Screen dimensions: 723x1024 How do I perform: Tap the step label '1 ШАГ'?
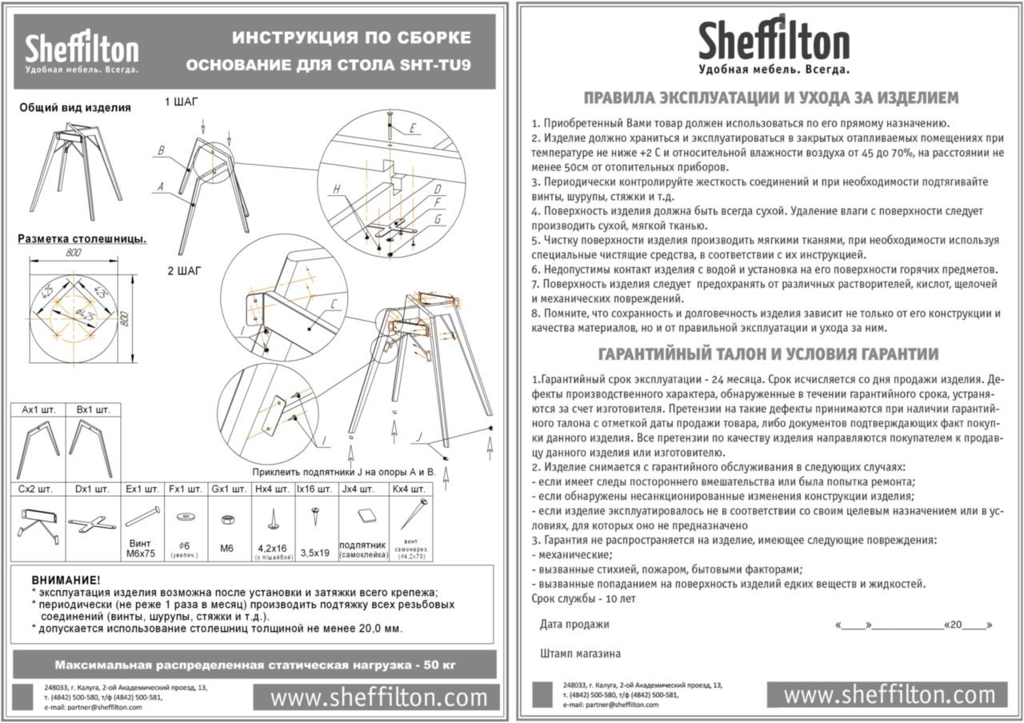click(181, 102)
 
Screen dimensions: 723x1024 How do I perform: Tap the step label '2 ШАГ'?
click(184, 271)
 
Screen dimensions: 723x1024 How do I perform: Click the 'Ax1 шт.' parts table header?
click(38, 409)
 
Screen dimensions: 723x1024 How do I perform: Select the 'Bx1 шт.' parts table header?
click(93, 409)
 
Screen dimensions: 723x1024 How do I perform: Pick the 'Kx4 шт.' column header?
click(410, 488)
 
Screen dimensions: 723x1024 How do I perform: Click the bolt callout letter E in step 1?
click(412, 128)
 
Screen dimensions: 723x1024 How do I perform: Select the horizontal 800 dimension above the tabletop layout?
click(74, 253)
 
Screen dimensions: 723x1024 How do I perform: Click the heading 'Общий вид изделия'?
click(74, 108)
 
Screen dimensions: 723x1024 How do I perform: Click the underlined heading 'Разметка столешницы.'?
click(82, 238)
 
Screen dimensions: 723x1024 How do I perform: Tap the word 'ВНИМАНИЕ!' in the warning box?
click(66, 579)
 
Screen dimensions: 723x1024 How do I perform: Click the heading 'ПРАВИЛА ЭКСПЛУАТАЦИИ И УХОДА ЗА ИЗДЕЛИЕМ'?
click(770, 98)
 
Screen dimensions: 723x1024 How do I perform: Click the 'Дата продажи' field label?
click(574, 625)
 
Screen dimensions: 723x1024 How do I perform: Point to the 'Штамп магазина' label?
click(580, 653)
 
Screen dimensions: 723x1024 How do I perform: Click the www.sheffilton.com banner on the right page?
click(887, 694)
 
